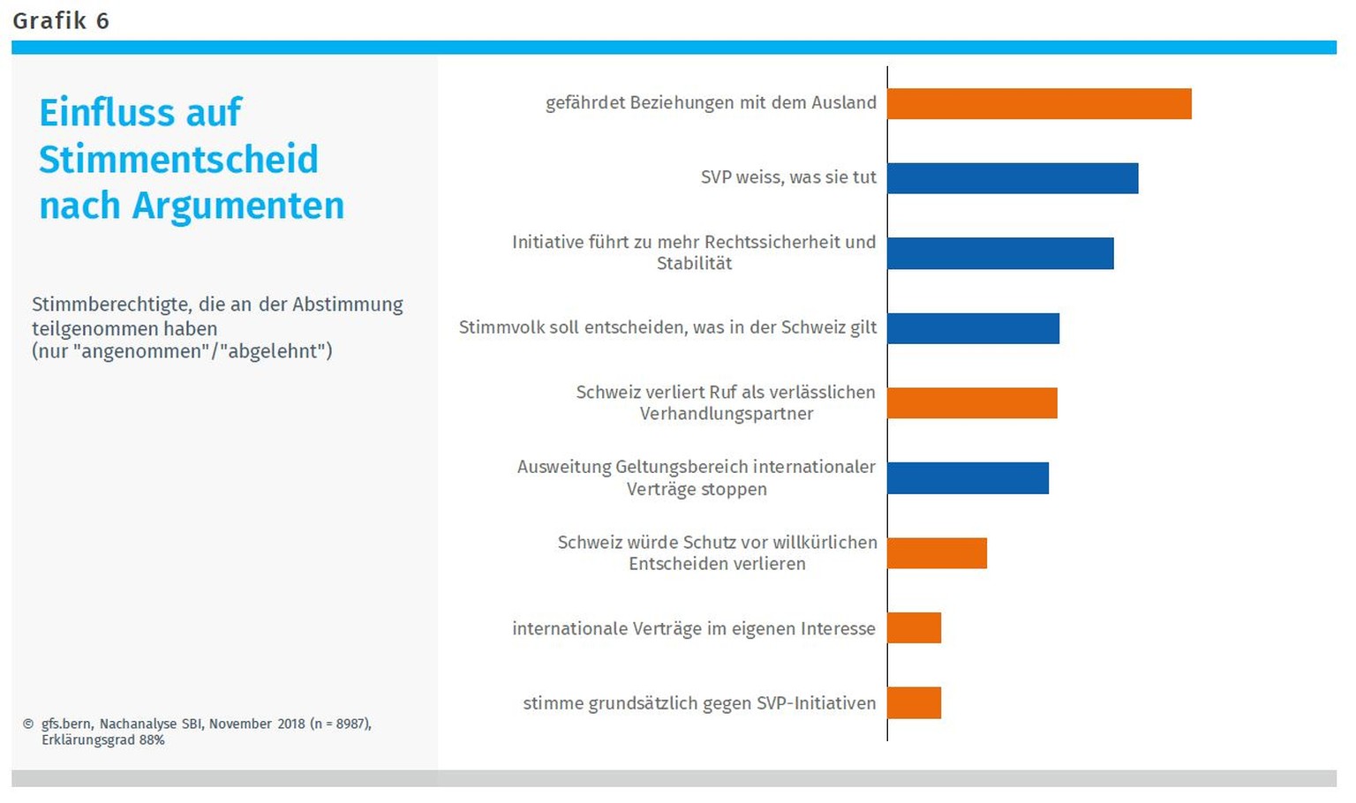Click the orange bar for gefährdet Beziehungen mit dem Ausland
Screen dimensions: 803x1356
pyautogui.click(x=1039, y=103)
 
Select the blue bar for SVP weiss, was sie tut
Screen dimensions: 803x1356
pyautogui.click(x=1013, y=178)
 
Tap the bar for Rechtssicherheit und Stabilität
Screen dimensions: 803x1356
pyautogui.click(x=1000, y=253)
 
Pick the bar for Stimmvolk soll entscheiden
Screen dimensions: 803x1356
pyautogui.click(x=973, y=328)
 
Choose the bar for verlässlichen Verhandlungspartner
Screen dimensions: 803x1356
pyautogui.click(x=972, y=402)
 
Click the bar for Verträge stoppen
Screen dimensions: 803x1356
pyautogui.click(x=968, y=477)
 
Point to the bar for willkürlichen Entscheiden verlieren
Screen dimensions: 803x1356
pyautogui.click(x=937, y=552)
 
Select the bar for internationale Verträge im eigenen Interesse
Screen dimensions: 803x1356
pyautogui.click(x=914, y=627)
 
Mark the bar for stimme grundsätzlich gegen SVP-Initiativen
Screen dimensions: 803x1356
pyautogui.click(x=914, y=702)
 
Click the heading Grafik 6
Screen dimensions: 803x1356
pyautogui.click(x=61, y=21)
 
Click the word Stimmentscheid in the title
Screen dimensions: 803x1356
pyautogui.click(x=178, y=160)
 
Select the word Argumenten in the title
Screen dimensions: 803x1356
pyautogui.click(x=238, y=206)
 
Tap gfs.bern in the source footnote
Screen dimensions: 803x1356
pyautogui.click(x=66, y=724)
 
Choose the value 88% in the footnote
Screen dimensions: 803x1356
pyautogui.click(x=152, y=739)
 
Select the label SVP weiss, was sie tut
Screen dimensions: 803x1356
pyautogui.click(x=788, y=177)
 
